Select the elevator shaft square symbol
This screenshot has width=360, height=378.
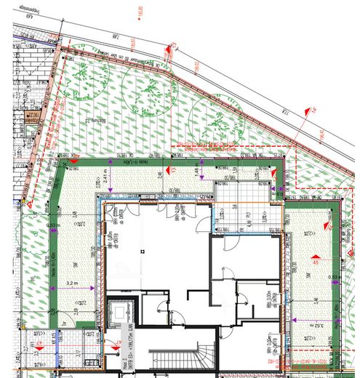click(x=116, y=312)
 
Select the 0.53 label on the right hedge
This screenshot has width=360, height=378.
click(x=333, y=277)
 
